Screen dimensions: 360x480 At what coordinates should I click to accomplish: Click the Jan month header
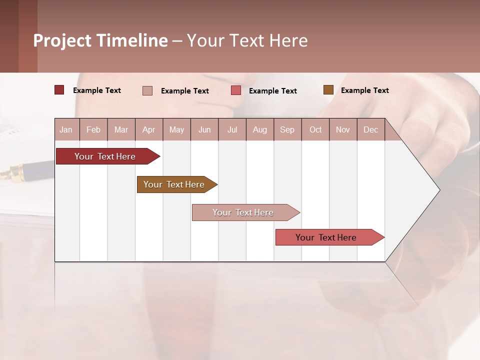pos(66,129)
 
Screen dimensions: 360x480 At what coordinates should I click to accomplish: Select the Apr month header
pos(149,129)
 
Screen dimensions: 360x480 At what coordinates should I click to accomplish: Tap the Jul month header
pos(232,129)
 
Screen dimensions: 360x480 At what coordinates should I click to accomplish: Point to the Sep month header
pos(287,129)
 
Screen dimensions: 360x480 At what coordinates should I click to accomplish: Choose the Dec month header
pos(370,129)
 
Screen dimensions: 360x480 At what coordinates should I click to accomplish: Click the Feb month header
pos(93,129)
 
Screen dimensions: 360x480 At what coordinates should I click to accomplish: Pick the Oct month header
pos(315,129)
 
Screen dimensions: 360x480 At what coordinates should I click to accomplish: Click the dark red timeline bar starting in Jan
pos(105,156)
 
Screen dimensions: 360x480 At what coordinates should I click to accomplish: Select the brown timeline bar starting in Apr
pos(174,184)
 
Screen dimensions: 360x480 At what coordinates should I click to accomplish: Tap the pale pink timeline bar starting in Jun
pos(243,212)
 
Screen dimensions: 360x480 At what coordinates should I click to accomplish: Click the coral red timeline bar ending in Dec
pos(326,237)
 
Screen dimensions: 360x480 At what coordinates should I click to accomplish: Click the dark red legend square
pos(59,90)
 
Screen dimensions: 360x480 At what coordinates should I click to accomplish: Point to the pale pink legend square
pos(147,90)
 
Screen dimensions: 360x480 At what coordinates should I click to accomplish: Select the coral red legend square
pos(236,90)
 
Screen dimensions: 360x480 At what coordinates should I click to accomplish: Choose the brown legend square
pos(328,90)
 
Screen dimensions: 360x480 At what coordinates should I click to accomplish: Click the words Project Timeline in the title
pos(100,40)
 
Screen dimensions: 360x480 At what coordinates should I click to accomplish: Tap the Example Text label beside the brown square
pos(364,90)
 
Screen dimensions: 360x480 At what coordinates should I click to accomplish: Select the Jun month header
pos(204,129)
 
